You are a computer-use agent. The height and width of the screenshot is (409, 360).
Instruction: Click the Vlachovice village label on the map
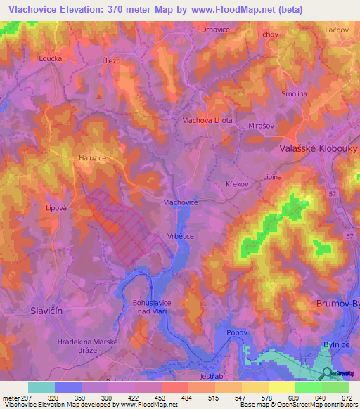coord(180,202)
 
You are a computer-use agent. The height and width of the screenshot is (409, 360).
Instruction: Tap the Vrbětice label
coord(180,236)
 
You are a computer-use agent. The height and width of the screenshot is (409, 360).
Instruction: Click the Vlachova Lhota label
coord(207,120)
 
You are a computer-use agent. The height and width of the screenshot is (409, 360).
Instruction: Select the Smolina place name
coord(294,93)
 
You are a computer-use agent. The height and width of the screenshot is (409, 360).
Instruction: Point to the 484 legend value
coord(186,398)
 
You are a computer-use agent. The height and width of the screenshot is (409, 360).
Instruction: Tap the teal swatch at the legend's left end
coord(41,387)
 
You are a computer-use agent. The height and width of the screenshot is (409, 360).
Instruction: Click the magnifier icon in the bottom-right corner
coord(328,374)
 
